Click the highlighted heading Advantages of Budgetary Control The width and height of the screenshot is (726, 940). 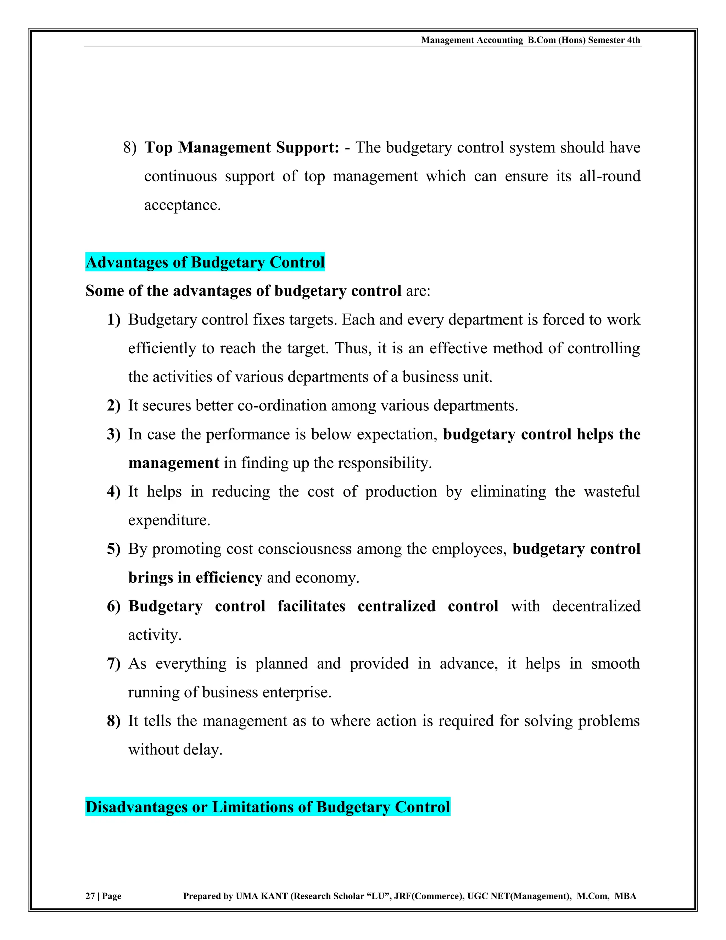coord(205,262)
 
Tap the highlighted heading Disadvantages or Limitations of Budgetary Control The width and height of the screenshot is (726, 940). coord(268,807)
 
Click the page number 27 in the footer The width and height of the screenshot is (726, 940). coord(90,896)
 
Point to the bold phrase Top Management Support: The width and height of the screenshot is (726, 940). coord(242,148)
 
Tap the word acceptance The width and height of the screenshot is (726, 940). coord(182,205)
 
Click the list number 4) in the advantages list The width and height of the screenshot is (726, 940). coord(113,492)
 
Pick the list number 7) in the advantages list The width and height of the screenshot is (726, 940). coord(113,663)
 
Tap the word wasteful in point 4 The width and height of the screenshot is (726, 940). coord(611,492)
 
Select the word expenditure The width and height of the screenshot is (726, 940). coord(169,520)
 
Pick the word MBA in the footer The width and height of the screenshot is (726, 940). coord(625,896)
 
